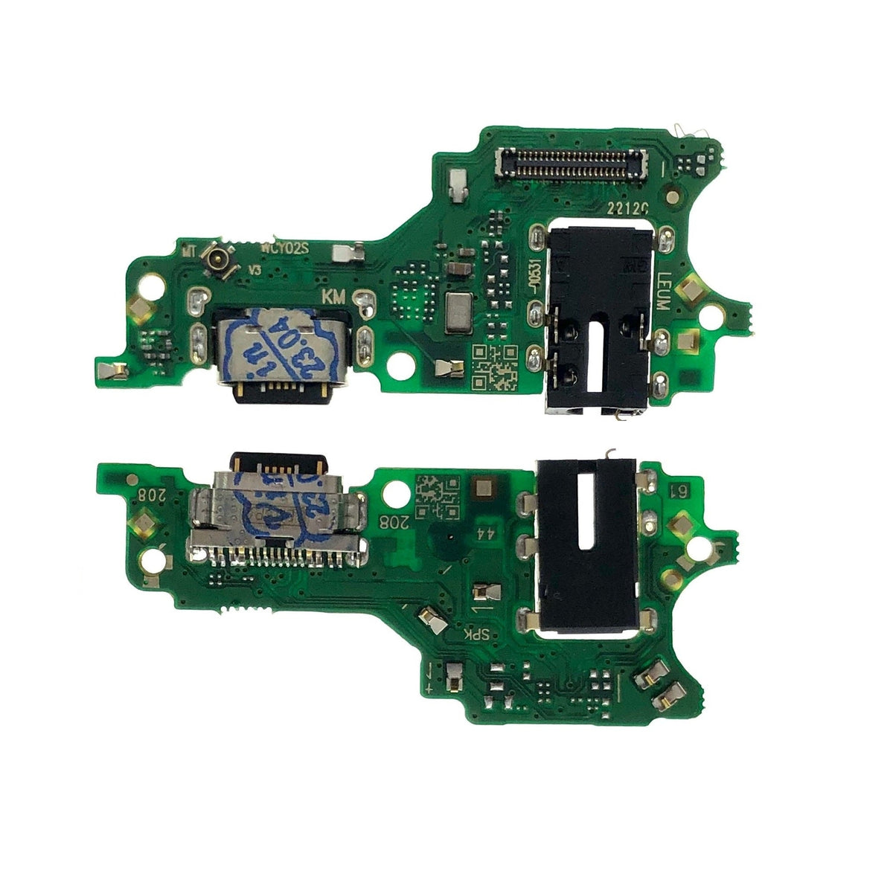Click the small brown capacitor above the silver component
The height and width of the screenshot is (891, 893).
pyautogui.click(x=460, y=268)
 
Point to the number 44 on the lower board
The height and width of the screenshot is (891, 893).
pyautogui.click(x=484, y=533)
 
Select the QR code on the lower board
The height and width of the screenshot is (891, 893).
pyautogui.click(x=435, y=498)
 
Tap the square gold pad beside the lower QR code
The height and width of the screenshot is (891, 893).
pyautogui.click(x=484, y=489)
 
